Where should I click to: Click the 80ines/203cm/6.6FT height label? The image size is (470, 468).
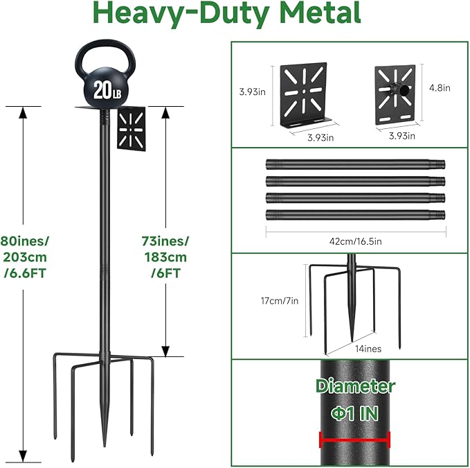tap(26, 257)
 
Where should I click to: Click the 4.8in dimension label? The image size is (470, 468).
tap(439, 88)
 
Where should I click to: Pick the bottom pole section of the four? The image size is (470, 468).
tap(355, 214)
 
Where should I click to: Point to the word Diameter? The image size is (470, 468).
tap(355, 386)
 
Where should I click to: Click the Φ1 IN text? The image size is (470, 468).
tap(354, 414)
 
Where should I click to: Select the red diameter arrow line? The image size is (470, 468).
tap(355, 439)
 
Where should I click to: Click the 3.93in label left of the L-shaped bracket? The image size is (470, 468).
tap(251, 92)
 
